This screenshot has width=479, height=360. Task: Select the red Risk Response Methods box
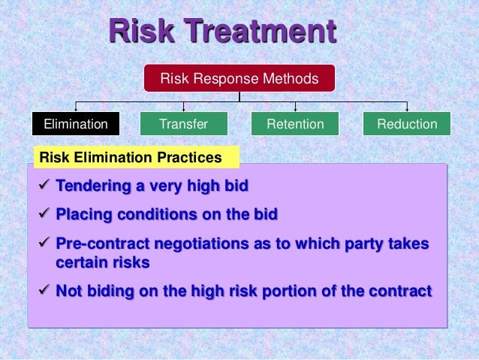pyautogui.click(x=239, y=78)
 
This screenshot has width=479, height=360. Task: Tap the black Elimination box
pyautogui.click(x=75, y=124)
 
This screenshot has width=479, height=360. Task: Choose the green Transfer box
pyautogui.click(x=184, y=124)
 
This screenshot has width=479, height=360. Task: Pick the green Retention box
pyautogui.click(x=295, y=124)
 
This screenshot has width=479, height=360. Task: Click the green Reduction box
pyautogui.click(x=407, y=124)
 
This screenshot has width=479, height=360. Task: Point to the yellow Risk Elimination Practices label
pyautogui.click(x=136, y=158)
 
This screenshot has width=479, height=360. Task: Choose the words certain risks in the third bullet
pyautogui.click(x=103, y=263)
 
